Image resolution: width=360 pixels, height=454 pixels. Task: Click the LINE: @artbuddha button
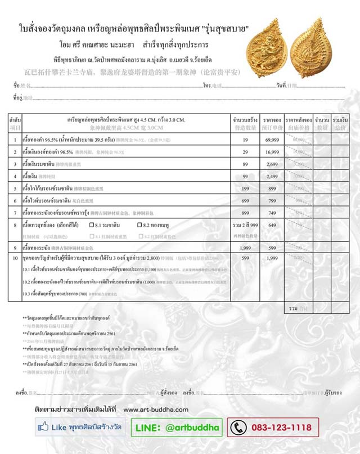click(x=177, y=428)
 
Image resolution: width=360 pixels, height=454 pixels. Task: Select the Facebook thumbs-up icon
click(x=44, y=428)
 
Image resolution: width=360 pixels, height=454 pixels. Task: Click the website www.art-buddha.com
click(x=156, y=410)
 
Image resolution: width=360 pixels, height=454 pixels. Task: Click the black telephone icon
click(x=238, y=428)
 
